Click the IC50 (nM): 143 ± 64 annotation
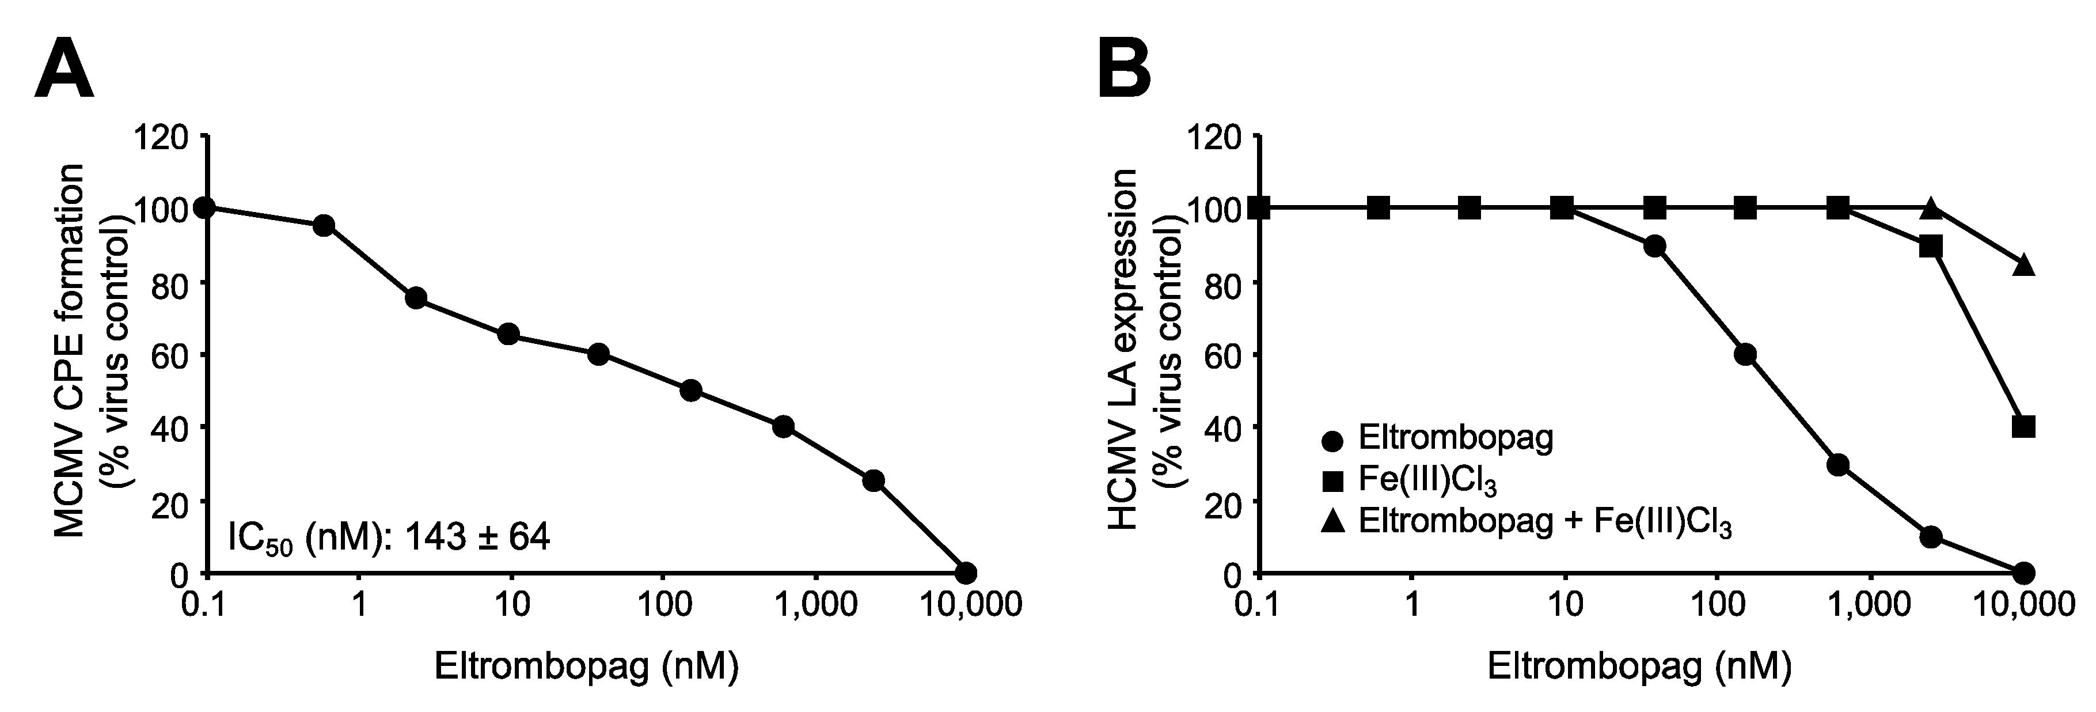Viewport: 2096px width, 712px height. pos(389,538)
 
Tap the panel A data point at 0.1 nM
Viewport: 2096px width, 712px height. pos(205,207)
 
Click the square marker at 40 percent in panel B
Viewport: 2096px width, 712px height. pos(2023,426)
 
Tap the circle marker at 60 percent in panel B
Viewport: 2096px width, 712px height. pos(1745,354)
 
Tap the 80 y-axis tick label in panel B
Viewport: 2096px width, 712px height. pos(1221,282)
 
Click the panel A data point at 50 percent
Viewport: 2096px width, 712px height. pos(691,391)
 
